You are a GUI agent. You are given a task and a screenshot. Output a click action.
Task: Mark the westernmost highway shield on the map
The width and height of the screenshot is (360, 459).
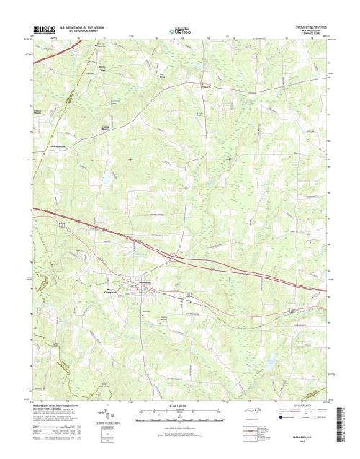[63, 226]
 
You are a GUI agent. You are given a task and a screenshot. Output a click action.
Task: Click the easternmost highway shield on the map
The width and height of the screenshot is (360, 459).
[292, 308]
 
